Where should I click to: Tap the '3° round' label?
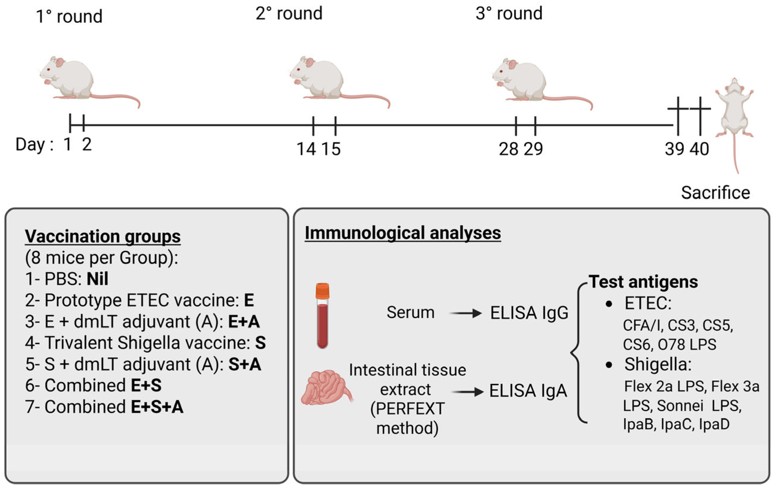coord(509,14)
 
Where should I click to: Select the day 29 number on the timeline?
coord(533,149)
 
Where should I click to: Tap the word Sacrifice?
coord(715,193)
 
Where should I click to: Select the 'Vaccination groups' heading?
coord(103,236)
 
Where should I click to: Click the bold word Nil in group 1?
coord(97,279)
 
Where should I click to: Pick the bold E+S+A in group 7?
coord(157,406)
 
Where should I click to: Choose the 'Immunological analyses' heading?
coord(402,233)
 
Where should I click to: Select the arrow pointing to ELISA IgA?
coord(467,392)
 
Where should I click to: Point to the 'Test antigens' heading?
coord(643,282)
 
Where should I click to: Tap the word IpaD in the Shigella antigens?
coord(714,424)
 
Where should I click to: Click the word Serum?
coord(410,312)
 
